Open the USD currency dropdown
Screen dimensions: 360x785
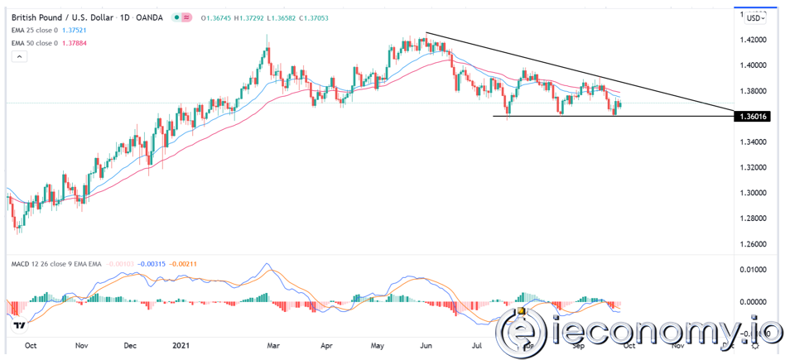click(755, 17)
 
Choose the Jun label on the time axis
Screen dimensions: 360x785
click(427, 348)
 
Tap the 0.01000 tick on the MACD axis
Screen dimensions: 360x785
click(753, 270)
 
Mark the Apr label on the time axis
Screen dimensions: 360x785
click(327, 348)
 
